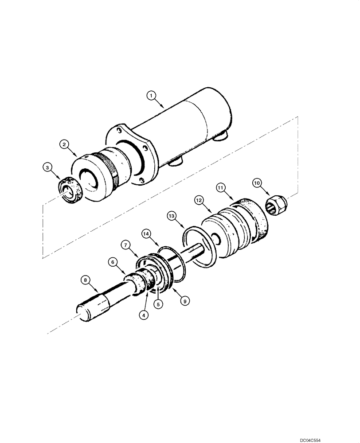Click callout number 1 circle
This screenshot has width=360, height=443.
click(152, 95)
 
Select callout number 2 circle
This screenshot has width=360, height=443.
click(64, 144)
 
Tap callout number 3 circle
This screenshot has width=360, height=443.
click(47, 167)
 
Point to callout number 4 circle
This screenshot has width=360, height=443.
click(143, 315)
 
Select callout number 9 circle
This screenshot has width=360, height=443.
click(186, 300)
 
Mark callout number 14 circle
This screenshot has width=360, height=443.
click(146, 233)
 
